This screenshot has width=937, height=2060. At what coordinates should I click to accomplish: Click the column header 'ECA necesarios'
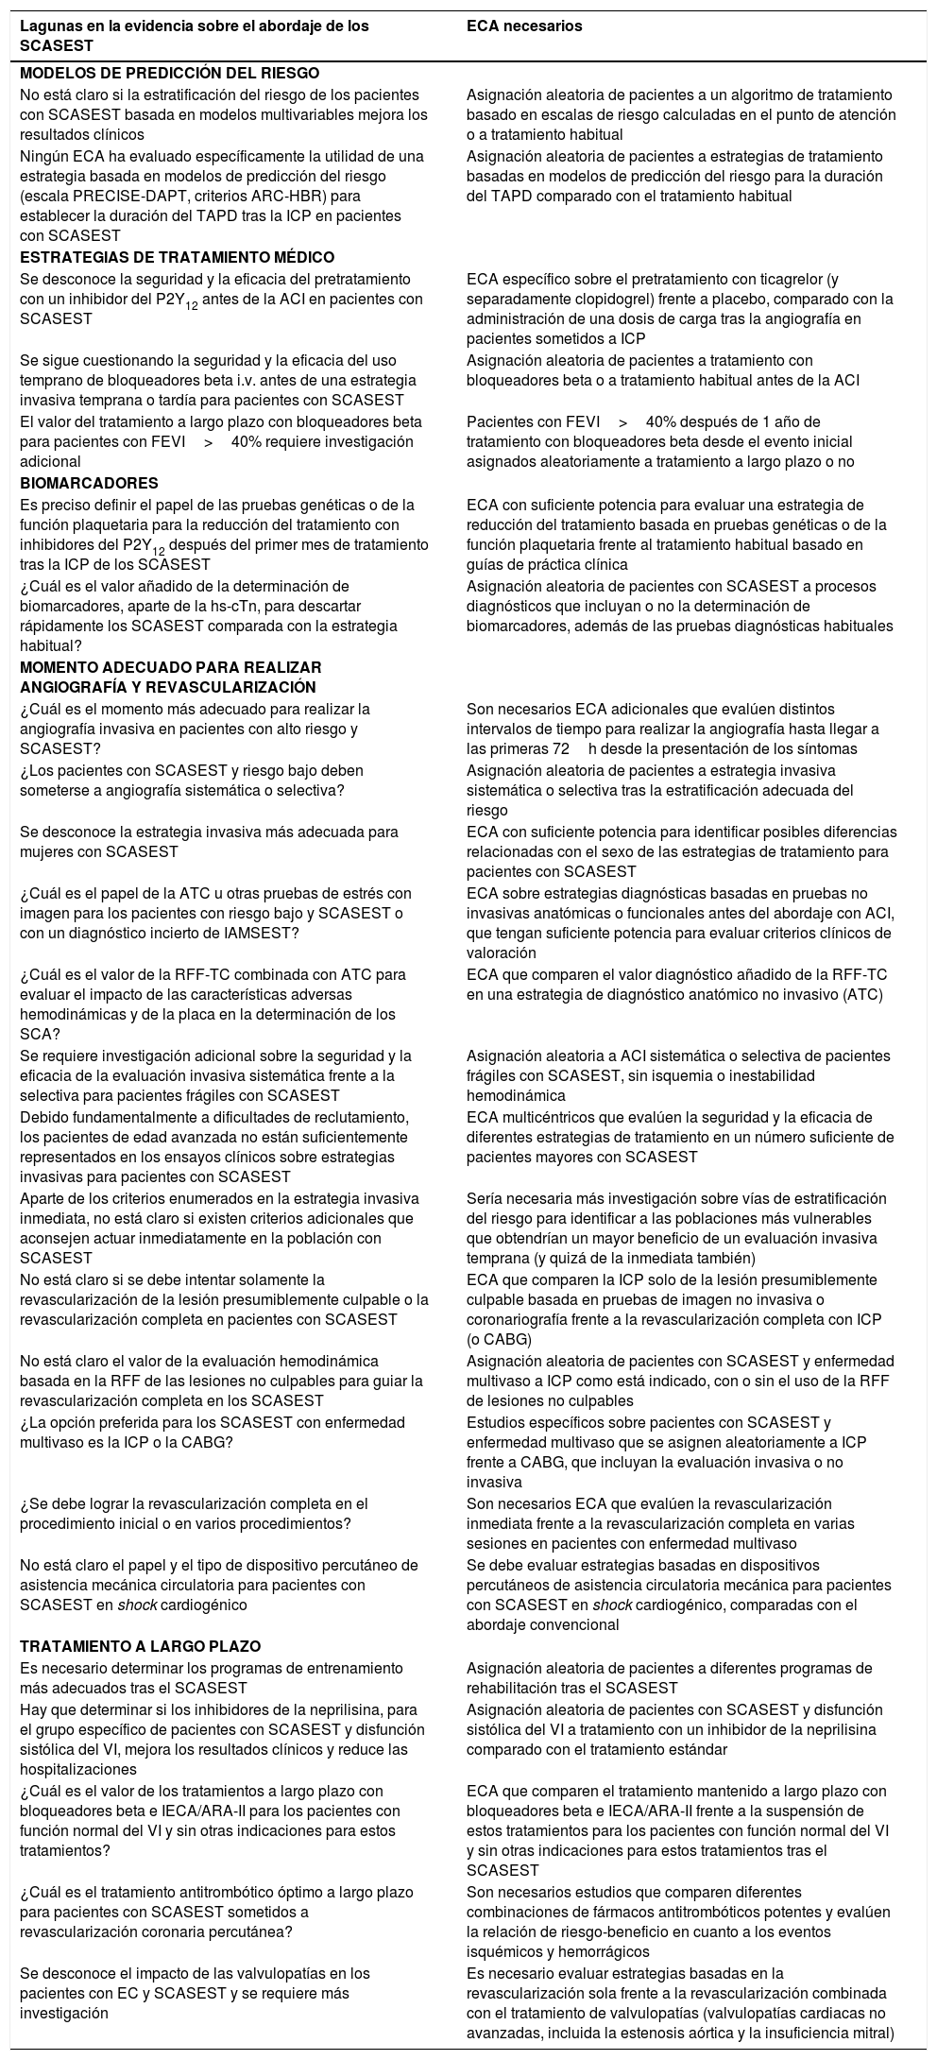[524, 26]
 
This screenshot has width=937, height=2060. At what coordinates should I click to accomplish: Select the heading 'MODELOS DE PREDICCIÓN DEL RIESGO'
[170, 73]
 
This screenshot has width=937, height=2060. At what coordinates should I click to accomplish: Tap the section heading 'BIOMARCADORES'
[89, 483]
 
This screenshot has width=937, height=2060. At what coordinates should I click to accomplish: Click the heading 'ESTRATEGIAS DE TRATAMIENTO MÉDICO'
[178, 257]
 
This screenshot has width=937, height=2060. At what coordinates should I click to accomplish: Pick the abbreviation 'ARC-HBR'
[284, 197]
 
